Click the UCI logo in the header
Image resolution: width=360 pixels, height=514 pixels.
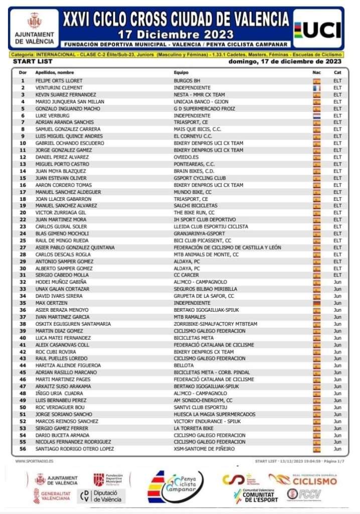[x=317, y=29]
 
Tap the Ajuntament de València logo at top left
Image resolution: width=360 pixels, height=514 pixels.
[x=35, y=28]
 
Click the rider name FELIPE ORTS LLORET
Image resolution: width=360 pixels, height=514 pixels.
[x=58, y=80]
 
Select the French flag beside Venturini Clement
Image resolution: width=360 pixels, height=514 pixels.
[x=316, y=88]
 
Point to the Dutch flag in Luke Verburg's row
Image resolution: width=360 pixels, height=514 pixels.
[x=316, y=115]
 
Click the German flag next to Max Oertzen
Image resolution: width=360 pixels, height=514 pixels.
[x=316, y=303]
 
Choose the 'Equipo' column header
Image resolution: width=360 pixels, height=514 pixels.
[x=181, y=73]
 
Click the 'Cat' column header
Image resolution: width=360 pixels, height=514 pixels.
[x=337, y=73]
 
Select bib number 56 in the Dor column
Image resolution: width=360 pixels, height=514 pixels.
[x=23, y=449]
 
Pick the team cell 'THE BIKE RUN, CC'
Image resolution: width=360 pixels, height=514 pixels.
[x=194, y=213]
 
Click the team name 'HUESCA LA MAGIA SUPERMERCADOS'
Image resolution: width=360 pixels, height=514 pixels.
[x=214, y=414]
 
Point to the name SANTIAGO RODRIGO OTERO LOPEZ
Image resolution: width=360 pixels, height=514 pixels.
[x=74, y=449]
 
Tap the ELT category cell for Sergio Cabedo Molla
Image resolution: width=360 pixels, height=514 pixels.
[x=337, y=275]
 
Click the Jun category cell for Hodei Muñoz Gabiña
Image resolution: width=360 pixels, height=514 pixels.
[x=337, y=282]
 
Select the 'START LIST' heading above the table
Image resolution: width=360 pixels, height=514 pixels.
[x=30, y=62]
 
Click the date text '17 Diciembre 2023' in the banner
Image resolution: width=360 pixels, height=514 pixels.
[x=176, y=35]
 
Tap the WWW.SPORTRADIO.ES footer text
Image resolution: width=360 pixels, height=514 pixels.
[x=35, y=461]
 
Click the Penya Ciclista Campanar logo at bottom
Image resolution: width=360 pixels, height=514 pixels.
[x=176, y=487]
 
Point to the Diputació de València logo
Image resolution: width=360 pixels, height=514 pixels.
[x=102, y=496]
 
